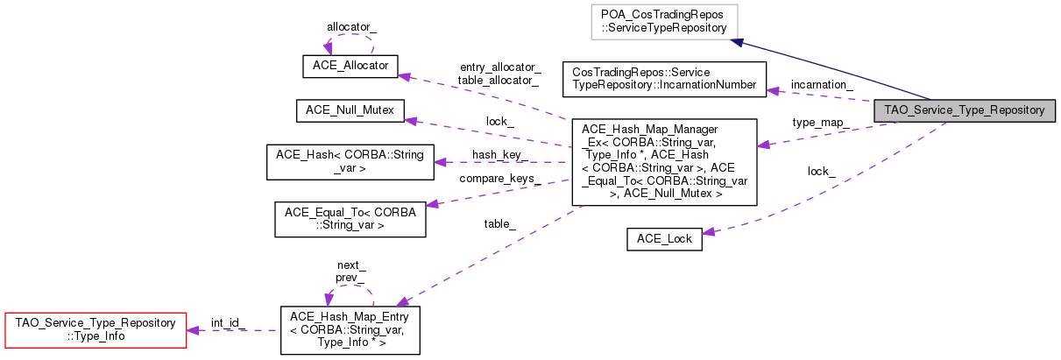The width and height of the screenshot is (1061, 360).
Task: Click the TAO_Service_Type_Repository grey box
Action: point(964,110)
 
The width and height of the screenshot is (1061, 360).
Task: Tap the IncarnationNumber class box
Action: point(663,78)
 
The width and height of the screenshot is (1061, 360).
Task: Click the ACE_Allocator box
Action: point(350,66)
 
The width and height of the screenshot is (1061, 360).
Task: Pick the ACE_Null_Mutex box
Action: point(350,110)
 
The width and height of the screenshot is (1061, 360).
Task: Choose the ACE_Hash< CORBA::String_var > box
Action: point(350,161)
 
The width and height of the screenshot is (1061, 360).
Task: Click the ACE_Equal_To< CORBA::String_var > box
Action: point(350,219)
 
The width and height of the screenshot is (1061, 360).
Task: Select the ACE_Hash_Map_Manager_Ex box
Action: point(663,162)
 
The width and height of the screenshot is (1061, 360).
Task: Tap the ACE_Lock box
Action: point(664,239)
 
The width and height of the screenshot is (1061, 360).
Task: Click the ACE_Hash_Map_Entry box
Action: point(350,329)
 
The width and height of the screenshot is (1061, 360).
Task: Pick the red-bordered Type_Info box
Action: point(95,329)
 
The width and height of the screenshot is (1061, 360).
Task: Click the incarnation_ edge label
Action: point(822,84)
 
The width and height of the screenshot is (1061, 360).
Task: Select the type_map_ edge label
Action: point(819,123)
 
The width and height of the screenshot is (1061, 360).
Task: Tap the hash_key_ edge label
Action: point(499,154)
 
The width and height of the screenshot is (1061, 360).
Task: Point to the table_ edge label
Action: point(499,224)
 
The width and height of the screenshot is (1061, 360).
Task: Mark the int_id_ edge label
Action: point(228,322)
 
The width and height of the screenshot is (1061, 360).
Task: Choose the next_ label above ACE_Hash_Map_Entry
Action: point(351,265)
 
